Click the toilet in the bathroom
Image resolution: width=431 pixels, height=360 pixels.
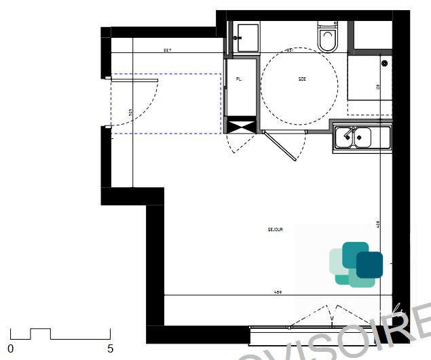tap(328, 38)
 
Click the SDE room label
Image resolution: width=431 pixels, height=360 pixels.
tap(302, 79)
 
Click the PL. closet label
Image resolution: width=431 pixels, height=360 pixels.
tap(238, 79)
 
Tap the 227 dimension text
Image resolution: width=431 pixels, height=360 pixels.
tap(167, 50)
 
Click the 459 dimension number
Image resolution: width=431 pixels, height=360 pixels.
tap(278, 292)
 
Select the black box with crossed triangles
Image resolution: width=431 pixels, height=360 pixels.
tap(240, 125)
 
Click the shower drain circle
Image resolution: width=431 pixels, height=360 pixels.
tap(384, 63)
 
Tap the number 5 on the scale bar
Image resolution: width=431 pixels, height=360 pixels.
tap(110, 348)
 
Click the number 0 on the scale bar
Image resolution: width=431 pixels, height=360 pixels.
tap(10, 348)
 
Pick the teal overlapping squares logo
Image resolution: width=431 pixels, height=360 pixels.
tap(356, 264)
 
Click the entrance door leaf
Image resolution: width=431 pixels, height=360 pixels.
tap(134, 80)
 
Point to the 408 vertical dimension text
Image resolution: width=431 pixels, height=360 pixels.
tap(378, 223)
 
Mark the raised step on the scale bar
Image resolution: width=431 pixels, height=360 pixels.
tap(40, 330)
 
